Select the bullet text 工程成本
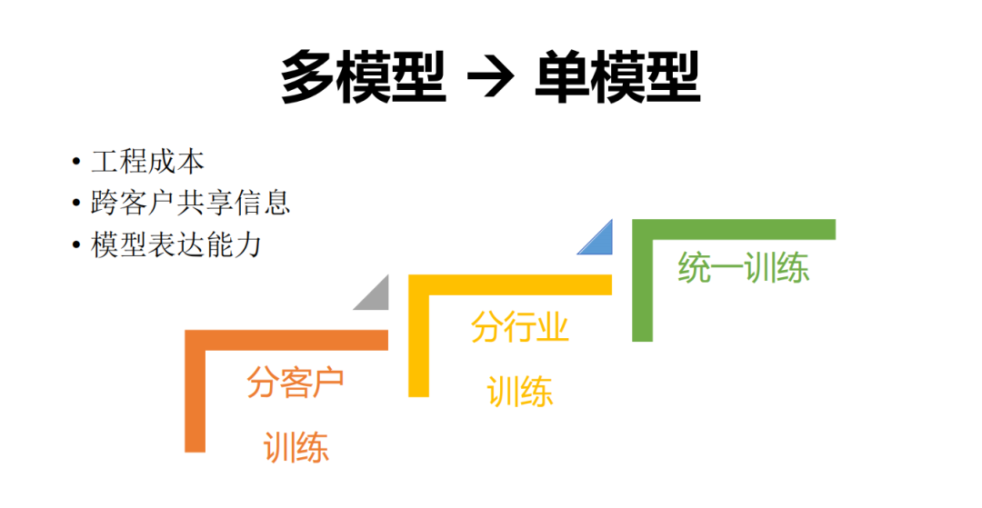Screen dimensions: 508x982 (147, 162)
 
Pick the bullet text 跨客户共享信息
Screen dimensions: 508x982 (191, 202)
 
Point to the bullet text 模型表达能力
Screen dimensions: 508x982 (176, 244)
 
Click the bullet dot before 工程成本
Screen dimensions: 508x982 (76, 163)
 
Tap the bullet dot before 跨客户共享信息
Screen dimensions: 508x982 (76, 203)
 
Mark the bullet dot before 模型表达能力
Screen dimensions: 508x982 (76, 244)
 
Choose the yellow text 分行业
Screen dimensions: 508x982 (519, 327)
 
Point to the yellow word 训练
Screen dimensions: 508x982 (519, 392)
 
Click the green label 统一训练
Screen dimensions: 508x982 (743, 269)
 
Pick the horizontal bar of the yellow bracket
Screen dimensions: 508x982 (510, 284)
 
